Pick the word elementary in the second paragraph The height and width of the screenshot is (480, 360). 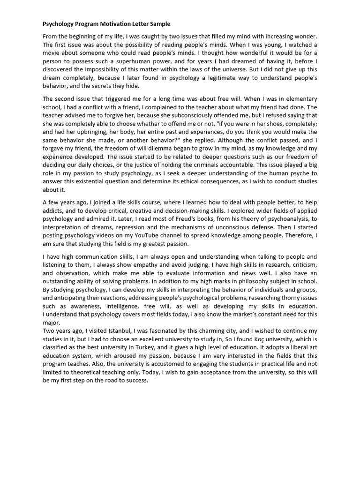click(300, 99)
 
